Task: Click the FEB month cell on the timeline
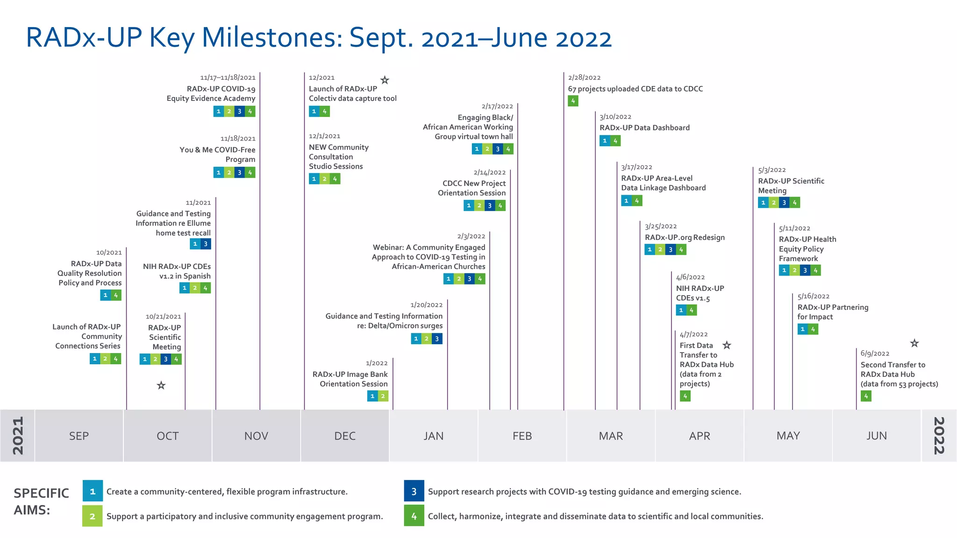point(522,436)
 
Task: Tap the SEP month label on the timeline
point(79,436)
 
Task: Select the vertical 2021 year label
point(17,436)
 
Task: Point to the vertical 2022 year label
point(939,436)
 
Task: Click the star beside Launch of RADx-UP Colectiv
point(385,80)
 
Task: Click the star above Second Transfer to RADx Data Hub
point(914,343)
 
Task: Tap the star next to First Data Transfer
point(727,345)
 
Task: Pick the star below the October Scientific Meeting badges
point(161,385)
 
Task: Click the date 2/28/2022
point(584,78)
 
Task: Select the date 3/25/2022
point(661,227)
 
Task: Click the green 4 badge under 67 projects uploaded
point(573,101)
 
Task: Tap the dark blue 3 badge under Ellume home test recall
point(206,244)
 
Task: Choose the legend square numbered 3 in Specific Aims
point(414,491)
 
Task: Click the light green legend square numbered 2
point(93,516)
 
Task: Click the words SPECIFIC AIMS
point(41,502)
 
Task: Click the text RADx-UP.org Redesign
point(685,237)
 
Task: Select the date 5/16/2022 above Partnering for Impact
point(813,297)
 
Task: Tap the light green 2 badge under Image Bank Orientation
point(383,396)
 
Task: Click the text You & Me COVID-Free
point(217,150)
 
